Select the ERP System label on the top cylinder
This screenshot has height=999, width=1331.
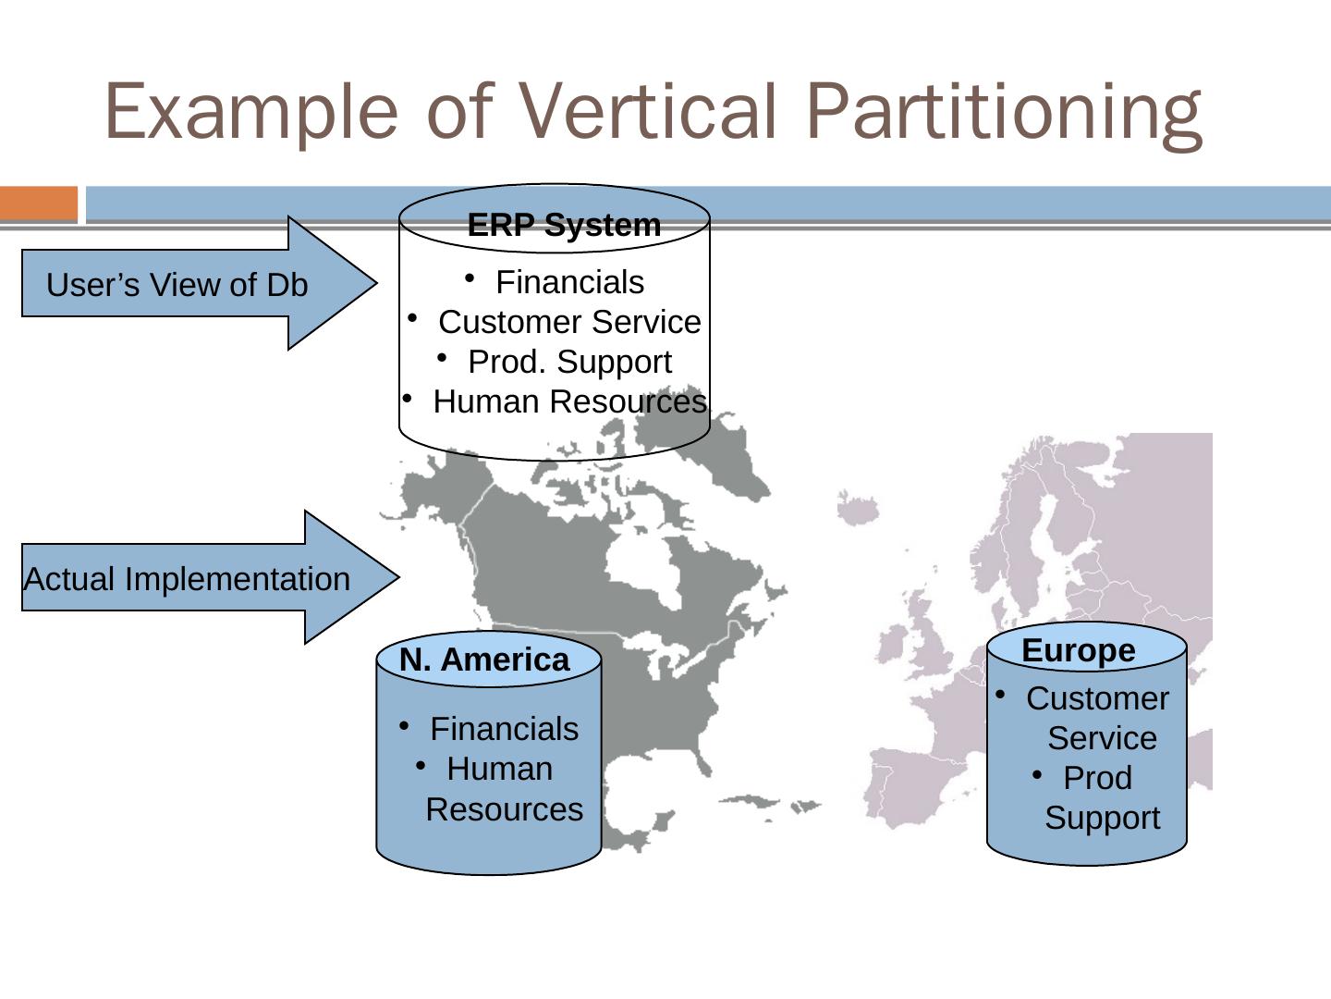[564, 225]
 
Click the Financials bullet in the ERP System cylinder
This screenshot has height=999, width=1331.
[569, 282]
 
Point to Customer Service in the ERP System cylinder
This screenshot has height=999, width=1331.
[569, 322]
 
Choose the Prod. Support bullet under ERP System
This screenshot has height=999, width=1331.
[569, 362]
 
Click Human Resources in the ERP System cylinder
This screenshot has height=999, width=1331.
[569, 401]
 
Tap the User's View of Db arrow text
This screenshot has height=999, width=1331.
[177, 285]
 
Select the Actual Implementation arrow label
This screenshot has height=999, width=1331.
[187, 579]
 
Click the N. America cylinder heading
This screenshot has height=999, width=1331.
[484, 660]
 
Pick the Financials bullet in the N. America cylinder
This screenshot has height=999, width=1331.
[504, 729]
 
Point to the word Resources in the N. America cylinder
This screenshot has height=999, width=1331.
[504, 809]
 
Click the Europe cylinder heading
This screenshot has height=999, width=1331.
[1079, 650]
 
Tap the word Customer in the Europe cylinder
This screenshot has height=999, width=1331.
[1097, 698]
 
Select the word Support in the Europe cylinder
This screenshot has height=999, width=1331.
[1102, 818]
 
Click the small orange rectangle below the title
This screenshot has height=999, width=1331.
[39, 203]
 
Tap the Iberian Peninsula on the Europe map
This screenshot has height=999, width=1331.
[901, 786]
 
